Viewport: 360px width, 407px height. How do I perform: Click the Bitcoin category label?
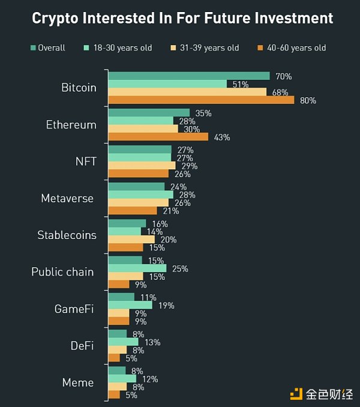[x=79, y=88]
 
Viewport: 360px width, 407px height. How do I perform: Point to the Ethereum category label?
[x=71, y=125]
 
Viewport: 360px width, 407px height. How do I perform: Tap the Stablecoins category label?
[x=67, y=235]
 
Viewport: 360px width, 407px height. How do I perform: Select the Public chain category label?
[x=62, y=272]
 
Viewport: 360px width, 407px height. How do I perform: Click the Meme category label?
[x=78, y=382]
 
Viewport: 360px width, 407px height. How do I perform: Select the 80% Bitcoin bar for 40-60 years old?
[x=201, y=100]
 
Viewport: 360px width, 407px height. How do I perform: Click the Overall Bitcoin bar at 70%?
[x=189, y=76]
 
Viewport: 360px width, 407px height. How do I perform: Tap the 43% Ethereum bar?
[x=158, y=137]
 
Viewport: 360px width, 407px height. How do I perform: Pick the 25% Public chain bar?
[x=137, y=268]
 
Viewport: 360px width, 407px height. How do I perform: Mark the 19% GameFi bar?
[x=130, y=305]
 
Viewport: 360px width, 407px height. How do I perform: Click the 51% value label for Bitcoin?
[x=240, y=85]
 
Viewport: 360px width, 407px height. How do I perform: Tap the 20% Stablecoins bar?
[x=131, y=239]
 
